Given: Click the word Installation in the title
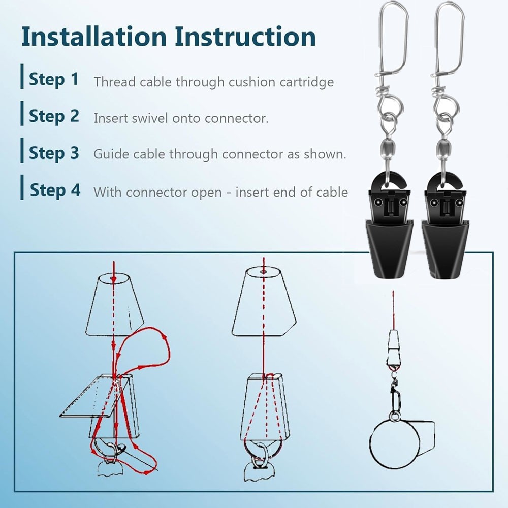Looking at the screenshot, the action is [x=94, y=37].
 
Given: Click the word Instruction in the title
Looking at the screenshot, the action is [x=245, y=37].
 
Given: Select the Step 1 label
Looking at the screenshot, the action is [x=54, y=79].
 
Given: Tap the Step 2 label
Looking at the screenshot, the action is [x=54, y=116].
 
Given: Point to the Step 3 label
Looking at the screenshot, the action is [x=54, y=153].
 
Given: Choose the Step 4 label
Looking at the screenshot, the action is [x=55, y=190].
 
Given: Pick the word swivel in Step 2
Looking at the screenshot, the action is [x=149, y=118].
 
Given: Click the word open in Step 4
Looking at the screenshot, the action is [x=206, y=193].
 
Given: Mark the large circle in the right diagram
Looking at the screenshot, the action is [x=371, y=444].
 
